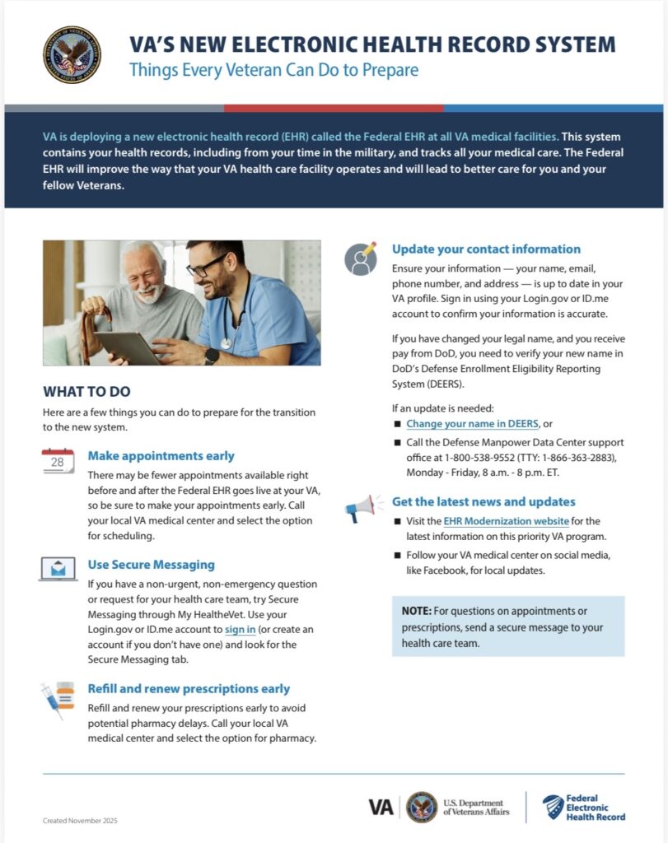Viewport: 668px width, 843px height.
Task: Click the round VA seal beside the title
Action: (x=72, y=54)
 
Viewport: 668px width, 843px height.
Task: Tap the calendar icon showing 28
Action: (x=58, y=461)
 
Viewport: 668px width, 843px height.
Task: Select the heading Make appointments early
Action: (x=161, y=456)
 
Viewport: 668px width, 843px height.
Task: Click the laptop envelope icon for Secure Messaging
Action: (x=58, y=569)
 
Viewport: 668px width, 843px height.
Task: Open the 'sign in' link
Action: (x=240, y=630)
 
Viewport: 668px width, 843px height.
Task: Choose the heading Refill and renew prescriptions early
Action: (x=189, y=689)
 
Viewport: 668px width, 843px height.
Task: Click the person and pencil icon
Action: (x=361, y=258)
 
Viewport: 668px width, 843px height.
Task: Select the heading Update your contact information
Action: (x=486, y=249)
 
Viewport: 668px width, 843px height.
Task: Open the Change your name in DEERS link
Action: (x=472, y=424)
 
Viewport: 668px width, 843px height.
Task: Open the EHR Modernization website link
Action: (x=506, y=521)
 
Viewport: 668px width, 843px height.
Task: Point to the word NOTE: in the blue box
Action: (x=417, y=611)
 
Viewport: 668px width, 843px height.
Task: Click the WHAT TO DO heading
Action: (x=86, y=392)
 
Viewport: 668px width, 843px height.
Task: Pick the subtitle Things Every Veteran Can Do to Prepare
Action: (x=273, y=70)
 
